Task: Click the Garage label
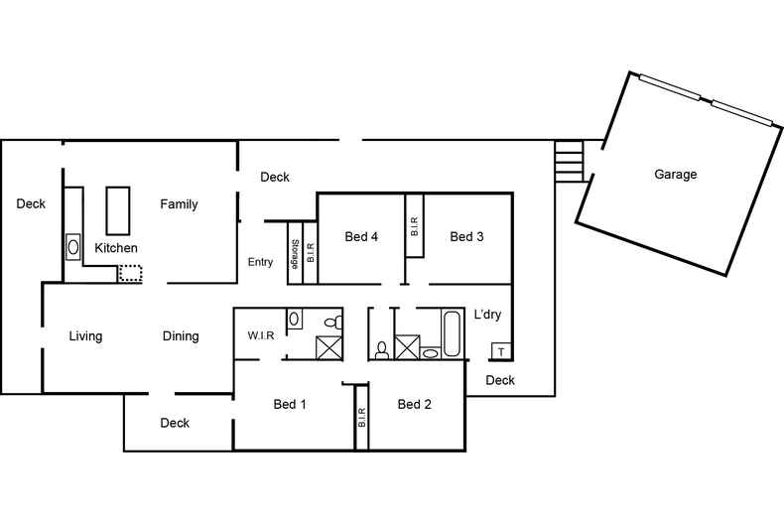675,175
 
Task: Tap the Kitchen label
116,248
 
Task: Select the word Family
179,204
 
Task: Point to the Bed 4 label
361,236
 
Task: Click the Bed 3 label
466,236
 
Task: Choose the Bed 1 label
290,404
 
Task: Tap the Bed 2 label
414,404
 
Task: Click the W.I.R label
260,335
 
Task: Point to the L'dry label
487,315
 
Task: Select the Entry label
260,262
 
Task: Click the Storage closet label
295,254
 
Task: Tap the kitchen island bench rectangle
118,210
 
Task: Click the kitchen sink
73,247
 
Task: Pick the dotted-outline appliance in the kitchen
130,274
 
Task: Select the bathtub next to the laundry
451,334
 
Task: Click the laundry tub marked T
500,351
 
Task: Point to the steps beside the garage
569,161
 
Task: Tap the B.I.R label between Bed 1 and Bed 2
362,418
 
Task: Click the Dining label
181,336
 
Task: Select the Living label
85,336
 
